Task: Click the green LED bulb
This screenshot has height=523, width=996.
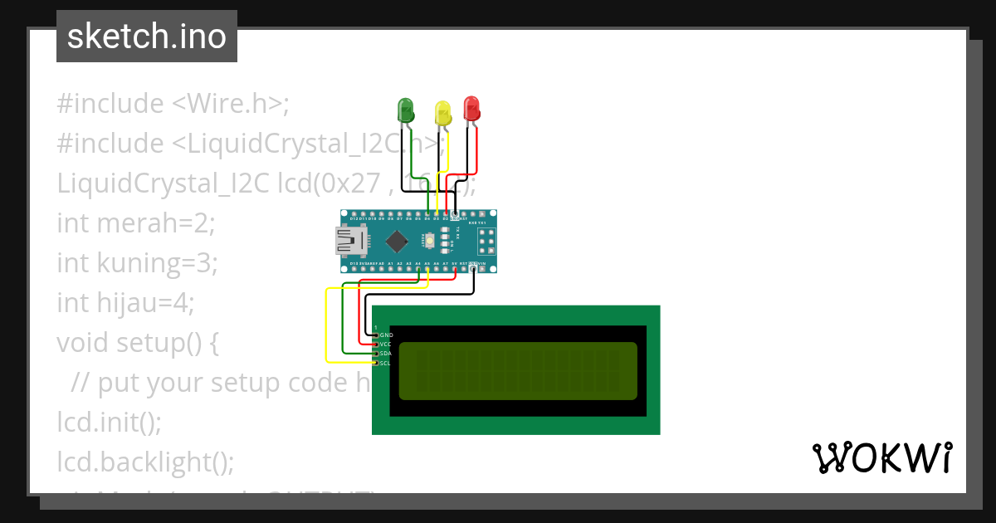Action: pyautogui.click(x=406, y=110)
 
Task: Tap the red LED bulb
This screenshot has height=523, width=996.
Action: pyautogui.click(x=471, y=108)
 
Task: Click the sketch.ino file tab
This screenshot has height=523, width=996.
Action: pyautogui.click(x=147, y=37)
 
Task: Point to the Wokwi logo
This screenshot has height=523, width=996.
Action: pyautogui.click(x=881, y=457)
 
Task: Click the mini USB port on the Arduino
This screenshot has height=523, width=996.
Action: pyautogui.click(x=349, y=241)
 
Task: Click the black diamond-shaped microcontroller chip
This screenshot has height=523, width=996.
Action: pyautogui.click(x=397, y=241)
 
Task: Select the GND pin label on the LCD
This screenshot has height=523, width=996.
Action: pyautogui.click(x=386, y=335)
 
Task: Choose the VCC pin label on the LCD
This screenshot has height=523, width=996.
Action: pyautogui.click(x=386, y=344)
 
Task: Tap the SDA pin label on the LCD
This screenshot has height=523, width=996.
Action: pyautogui.click(x=386, y=354)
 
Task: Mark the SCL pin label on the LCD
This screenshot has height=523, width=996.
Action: pyautogui.click(x=386, y=363)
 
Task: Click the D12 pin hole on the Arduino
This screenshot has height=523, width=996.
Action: pyautogui.click(x=354, y=213)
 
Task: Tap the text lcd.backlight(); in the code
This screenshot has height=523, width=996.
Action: pyautogui.click(x=146, y=461)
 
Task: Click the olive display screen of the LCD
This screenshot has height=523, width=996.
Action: pyautogui.click(x=518, y=370)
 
